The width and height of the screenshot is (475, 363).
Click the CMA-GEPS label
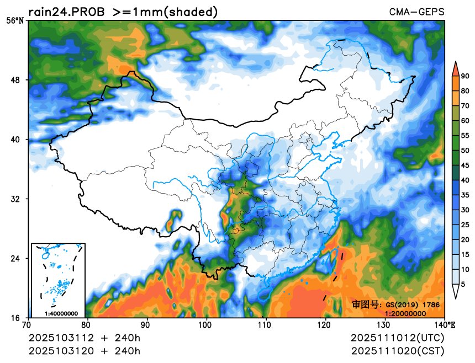(416, 12)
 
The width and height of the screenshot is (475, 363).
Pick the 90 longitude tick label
(147, 325)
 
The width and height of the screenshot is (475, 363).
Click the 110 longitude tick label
(266, 325)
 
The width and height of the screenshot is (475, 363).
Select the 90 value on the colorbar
(465, 76)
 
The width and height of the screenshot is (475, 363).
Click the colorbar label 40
(465, 180)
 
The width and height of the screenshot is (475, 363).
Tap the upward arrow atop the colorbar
(455, 67)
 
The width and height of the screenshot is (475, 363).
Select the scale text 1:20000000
(405, 313)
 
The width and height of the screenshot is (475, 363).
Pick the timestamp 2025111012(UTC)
(397, 338)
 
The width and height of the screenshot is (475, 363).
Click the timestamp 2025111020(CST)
(397, 350)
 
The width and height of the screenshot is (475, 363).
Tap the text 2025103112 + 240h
(85, 338)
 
